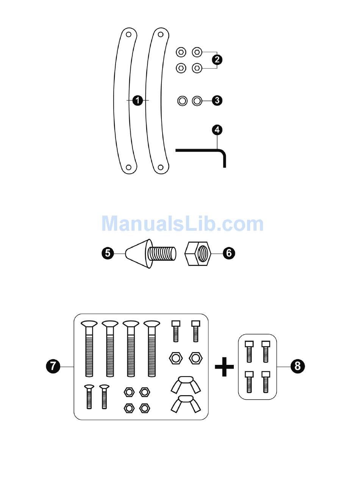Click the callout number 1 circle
click(x=138, y=100)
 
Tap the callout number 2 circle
click(x=217, y=59)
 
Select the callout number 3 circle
click(x=217, y=100)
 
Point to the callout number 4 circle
click(x=217, y=130)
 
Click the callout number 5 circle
click(x=108, y=253)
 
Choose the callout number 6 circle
click(x=229, y=253)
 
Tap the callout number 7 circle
click(x=53, y=366)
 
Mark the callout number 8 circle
click(x=297, y=366)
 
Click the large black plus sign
click(x=224, y=367)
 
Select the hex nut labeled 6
click(x=197, y=253)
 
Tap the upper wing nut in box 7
click(x=185, y=383)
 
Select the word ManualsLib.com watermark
click(x=182, y=224)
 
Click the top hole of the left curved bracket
click(x=129, y=34)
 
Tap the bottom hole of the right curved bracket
click(x=161, y=167)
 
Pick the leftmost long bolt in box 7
click(x=89, y=349)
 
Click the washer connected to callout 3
click(x=197, y=101)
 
